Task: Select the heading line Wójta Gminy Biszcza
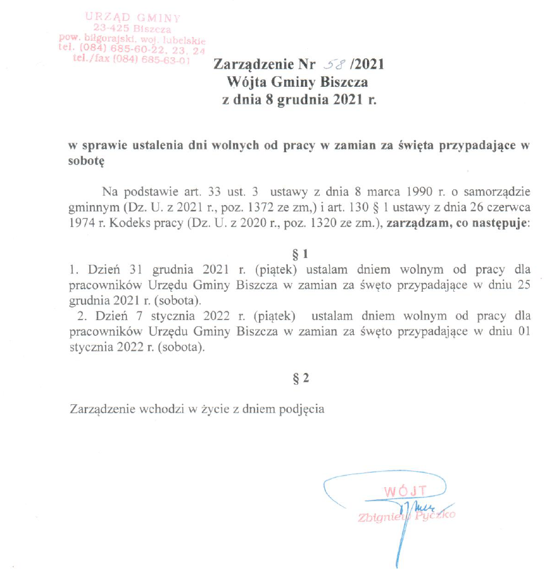tap(300, 82)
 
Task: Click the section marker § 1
tap(301, 255)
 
